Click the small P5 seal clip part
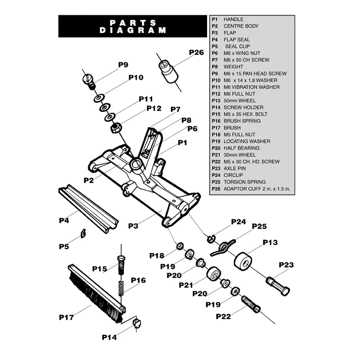click(x=83, y=232)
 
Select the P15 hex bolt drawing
click(x=120, y=265)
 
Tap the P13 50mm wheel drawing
click(x=243, y=261)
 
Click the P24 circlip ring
click(x=211, y=238)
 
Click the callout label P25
click(x=259, y=226)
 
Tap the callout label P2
click(x=89, y=180)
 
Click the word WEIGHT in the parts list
click(x=233, y=67)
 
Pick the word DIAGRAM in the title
click(x=132, y=31)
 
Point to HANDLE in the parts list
click(x=233, y=19)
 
